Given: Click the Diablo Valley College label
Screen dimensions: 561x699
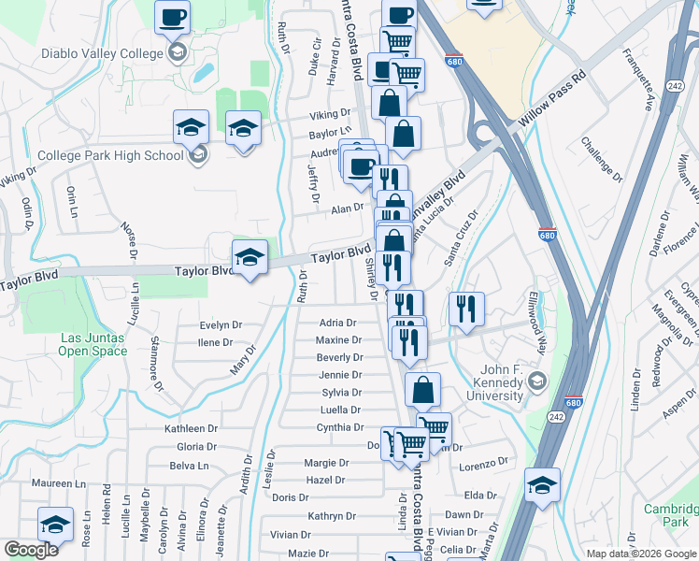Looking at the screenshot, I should coord(102,53).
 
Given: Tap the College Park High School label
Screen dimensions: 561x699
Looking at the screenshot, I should coord(110,155).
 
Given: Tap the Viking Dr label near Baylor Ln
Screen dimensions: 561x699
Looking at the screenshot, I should coord(331,116).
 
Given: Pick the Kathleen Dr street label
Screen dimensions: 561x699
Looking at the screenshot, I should coord(190,428).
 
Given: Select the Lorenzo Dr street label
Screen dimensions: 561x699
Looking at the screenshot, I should coord(482,463).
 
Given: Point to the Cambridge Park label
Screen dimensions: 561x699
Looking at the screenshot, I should coord(671,515).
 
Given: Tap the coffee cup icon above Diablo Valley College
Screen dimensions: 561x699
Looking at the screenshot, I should coord(174,17).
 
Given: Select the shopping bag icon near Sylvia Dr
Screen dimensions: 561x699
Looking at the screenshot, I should coord(424,389).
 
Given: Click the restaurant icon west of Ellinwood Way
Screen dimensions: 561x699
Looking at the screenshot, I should coord(465,308).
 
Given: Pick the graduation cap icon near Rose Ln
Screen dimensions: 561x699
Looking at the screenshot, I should coord(55,524).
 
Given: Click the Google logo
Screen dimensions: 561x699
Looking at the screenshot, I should coord(31,550).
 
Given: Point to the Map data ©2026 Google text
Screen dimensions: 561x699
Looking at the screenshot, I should coord(639,554).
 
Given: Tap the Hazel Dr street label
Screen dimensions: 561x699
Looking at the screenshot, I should coord(326,480).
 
